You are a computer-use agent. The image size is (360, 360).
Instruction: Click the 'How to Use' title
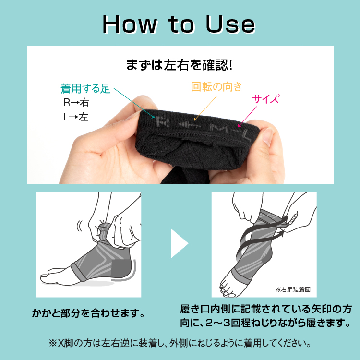coord(179,24)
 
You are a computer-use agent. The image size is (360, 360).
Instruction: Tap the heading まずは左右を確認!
coord(180,65)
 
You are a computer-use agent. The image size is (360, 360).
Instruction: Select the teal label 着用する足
coord(85,89)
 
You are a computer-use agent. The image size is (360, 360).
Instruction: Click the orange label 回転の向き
coord(216,87)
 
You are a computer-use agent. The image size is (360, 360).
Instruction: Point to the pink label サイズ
coord(265,99)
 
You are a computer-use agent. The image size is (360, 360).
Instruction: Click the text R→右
coord(76,102)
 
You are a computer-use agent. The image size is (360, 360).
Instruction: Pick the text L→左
coord(76,117)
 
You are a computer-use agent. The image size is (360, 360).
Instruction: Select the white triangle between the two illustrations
coord(180,243)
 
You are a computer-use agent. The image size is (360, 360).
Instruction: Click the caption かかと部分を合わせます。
coord(89,313)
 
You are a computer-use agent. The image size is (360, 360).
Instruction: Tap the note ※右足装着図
coord(293,290)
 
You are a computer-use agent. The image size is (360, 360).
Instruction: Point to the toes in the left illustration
coord(49,276)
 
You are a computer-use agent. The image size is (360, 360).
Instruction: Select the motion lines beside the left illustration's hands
coord(80,226)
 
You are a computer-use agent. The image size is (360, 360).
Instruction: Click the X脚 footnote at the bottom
coord(180,343)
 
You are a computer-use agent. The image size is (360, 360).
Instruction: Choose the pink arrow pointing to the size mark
coord(247,117)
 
